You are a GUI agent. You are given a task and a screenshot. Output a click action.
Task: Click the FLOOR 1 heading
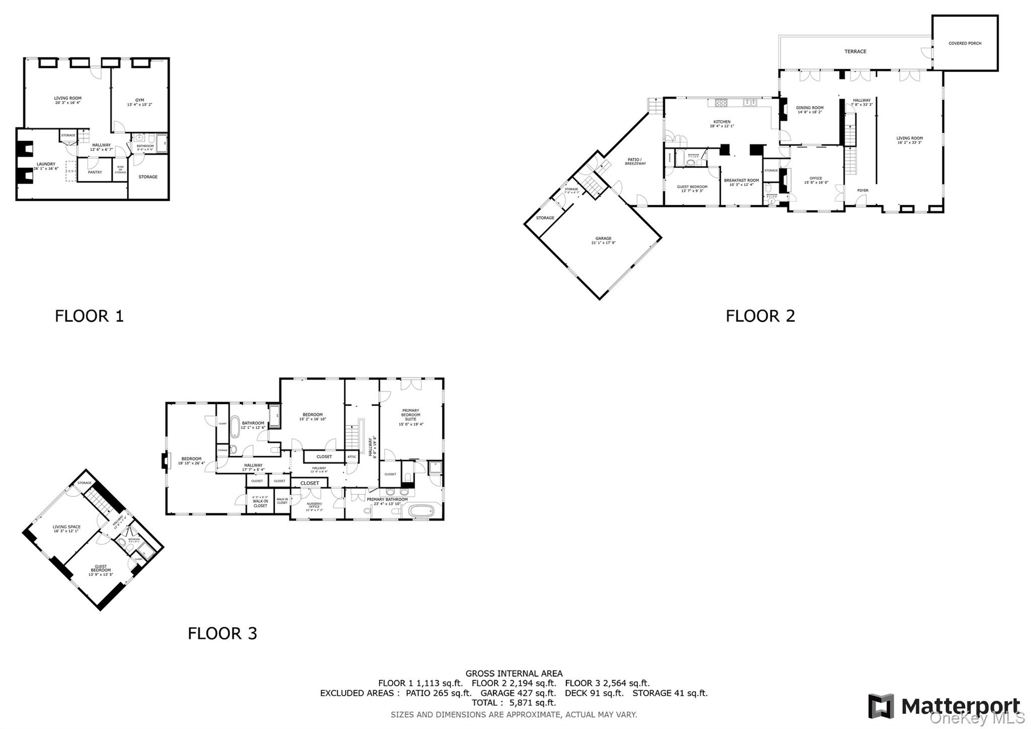89,316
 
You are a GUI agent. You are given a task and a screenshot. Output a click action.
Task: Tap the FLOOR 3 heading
222,633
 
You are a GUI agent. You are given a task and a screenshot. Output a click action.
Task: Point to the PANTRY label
95,172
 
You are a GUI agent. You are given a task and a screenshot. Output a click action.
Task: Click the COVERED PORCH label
965,43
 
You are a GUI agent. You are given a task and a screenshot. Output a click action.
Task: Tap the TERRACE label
855,51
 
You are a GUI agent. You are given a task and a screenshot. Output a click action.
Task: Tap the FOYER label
862,190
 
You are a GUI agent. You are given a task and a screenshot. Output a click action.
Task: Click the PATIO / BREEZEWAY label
635,161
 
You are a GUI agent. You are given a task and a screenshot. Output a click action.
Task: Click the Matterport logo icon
880,706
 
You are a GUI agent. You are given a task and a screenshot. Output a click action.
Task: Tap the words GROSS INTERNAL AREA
513,673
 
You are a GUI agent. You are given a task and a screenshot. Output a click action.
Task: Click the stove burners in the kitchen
721,103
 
